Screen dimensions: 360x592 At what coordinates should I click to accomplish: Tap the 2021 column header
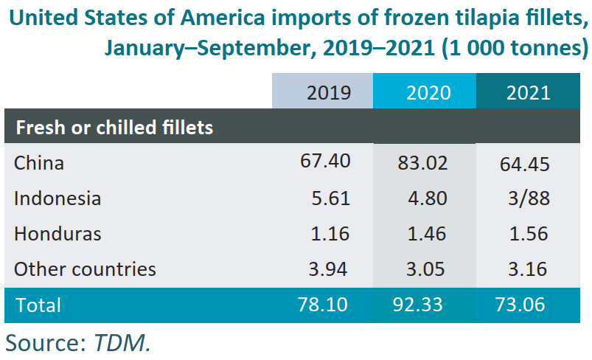529,92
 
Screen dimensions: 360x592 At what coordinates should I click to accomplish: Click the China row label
39,162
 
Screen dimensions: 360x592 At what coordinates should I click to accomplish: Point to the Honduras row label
58,234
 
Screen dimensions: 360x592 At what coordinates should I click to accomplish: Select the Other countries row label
85,269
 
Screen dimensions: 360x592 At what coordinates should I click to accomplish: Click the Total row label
38,305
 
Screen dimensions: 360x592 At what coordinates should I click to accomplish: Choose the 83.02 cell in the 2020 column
422,162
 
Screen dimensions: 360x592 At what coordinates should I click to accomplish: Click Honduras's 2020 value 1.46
428,234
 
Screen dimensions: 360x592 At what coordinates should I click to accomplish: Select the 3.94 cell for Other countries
330,269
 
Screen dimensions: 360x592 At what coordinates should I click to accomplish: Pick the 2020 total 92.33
422,305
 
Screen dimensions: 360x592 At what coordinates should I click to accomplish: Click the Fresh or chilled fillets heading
114,127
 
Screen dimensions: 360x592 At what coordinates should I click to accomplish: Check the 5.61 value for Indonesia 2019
330,198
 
